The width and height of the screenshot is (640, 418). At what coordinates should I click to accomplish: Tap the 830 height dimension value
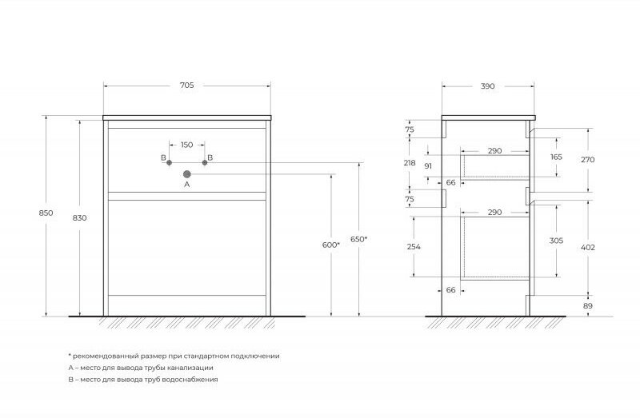78,217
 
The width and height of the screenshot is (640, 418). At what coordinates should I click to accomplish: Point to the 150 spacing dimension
186,145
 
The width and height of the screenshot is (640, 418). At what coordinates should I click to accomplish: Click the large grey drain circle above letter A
186,173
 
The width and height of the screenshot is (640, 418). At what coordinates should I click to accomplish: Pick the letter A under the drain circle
186,184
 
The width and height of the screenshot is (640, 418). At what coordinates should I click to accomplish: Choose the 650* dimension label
359,239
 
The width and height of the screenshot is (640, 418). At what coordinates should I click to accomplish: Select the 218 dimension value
410,162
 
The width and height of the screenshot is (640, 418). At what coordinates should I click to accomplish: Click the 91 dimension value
429,165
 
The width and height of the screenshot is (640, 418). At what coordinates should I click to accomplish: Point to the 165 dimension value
556,157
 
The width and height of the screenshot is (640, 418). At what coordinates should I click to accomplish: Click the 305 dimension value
556,239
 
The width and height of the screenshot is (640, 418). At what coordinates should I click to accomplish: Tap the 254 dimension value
413,247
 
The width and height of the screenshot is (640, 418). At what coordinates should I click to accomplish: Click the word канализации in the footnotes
192,368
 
